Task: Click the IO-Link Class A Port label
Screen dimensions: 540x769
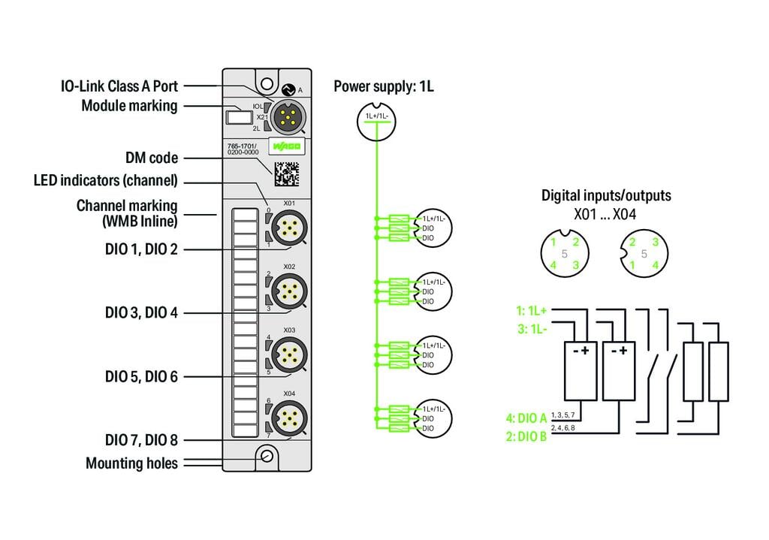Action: [119, 86]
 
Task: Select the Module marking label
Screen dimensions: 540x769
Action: [129, 106]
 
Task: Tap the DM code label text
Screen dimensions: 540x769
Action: [152, 158]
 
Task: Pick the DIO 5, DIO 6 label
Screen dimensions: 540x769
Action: [141, 376]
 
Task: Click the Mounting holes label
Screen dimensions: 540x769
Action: [131, 463]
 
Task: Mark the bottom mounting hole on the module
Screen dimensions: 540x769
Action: [267, 455]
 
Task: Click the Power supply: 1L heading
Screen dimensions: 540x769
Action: [383, 86]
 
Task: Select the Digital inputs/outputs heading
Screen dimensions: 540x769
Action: [606, 196]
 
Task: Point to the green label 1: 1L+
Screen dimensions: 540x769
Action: [531, 310]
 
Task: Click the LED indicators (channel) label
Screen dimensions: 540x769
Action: [105, 181]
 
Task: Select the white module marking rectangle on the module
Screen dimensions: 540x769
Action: [238, 117]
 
